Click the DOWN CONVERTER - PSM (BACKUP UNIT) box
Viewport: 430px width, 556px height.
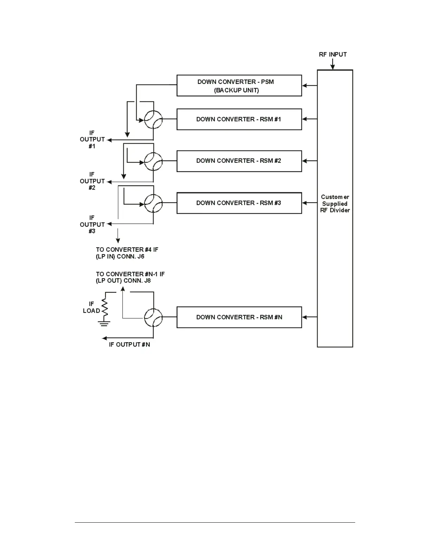pyautogui.click(x=239, y=86)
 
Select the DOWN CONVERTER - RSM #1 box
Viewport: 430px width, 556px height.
pyautogui.click(x=239, y=119)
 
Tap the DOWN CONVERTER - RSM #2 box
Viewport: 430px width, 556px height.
pyautogui.click(x=239, y=161)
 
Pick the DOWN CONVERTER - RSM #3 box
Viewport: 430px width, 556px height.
pyautogui.click(x=239, y=203)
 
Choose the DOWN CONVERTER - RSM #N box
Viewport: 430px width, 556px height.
pyautogui.click(x=239, y=317)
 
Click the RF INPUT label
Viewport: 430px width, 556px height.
pyautogui.click(x=333, y=54)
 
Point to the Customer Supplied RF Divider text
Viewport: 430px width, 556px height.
pyautogui.click(x=335, y=204)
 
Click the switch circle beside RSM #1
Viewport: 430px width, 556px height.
pyautogui.click(x=154, y=120)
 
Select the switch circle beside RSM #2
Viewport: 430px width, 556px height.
pyautogui.click(x=154, y=161)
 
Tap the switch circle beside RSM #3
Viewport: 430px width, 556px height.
pyautogui.click(x=154, y=203)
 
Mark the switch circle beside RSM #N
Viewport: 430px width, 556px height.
pyautogui.click(x=154, y=318)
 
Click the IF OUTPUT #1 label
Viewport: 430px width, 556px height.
pyautogui.click(x=92, y=139)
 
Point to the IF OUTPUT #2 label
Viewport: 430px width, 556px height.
pyautogui.click(x=92, y=181)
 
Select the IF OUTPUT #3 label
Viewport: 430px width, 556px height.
pyautogui.click(x=92, y=224)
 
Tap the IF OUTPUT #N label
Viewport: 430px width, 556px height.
pyautogui.click(x=129, y=345)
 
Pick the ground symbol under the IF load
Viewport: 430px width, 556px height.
pyautogui.click(x=104, y=323)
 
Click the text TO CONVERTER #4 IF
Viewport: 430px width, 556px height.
pyautogui.click(x=127, y=250)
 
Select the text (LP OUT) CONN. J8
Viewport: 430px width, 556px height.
pyautogui.click(x=123, y=281)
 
